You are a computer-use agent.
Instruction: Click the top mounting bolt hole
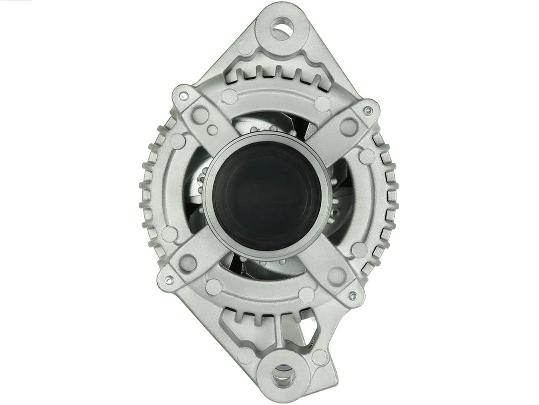click(x=282, y=28)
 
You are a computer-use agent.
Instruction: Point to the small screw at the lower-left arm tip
click(x=169, y=280)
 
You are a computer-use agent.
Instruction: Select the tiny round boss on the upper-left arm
click(x=213, y=130)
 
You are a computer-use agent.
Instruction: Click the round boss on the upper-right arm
click(x=348, y=126)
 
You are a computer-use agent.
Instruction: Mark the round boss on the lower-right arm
click(x=337, y=274)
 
